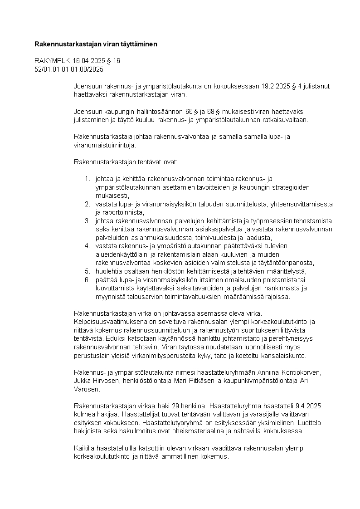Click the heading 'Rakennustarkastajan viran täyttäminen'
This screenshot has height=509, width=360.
(96, 44)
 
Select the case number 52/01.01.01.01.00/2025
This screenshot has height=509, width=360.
(69, 69)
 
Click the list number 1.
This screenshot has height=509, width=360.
(88, 179)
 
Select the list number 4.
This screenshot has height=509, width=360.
(88, 246)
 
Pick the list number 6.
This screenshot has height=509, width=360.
(88, 279)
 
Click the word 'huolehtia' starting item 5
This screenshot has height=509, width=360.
(107, 271)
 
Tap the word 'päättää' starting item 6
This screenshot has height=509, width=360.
(106, 279)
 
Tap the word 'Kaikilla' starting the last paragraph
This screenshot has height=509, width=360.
(85, 448)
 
